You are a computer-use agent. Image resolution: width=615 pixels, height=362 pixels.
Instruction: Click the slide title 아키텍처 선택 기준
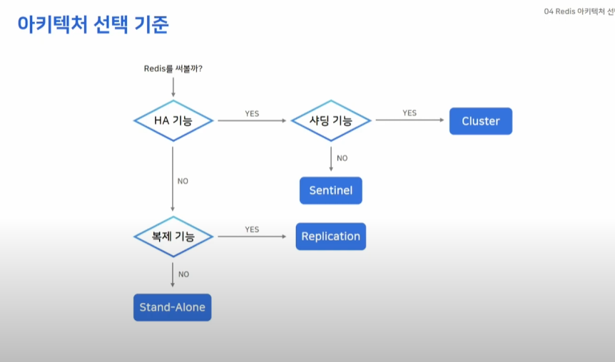point(93,24)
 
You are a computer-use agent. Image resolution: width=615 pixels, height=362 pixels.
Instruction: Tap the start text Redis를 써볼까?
point(173,68)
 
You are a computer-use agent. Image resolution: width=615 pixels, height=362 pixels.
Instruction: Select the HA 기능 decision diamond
point(173,120)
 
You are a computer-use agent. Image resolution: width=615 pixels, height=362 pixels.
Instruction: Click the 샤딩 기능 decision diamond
point(331,120)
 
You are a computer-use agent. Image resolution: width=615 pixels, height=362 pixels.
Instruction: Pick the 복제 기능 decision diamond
point(173,237)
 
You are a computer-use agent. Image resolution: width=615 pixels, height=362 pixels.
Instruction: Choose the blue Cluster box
point(481,121)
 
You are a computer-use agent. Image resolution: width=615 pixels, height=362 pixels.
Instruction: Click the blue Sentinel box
point(331,191)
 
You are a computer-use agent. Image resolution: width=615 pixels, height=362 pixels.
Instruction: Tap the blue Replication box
point(331,237)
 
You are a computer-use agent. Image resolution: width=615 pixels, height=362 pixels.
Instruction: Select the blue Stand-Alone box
point(173,307)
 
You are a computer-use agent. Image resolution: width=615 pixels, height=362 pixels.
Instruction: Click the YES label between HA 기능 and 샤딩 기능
point(252,113)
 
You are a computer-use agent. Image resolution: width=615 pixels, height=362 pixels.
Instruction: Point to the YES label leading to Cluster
point(410,113)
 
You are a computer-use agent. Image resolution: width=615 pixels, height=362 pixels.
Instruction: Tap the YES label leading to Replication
point(252,229)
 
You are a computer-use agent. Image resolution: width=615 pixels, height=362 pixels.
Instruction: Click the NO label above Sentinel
point(342,158)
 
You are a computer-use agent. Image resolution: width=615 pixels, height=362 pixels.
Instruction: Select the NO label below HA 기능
point(183,181)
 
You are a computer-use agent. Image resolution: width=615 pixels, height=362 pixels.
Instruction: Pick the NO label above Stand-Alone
point(183,274)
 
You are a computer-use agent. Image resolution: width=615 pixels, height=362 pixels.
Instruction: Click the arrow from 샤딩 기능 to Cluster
point(410,120)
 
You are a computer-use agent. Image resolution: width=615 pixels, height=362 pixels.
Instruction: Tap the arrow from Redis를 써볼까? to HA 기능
point(173,86)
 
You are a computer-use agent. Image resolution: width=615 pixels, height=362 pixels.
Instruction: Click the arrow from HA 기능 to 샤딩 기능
point(252,120)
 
